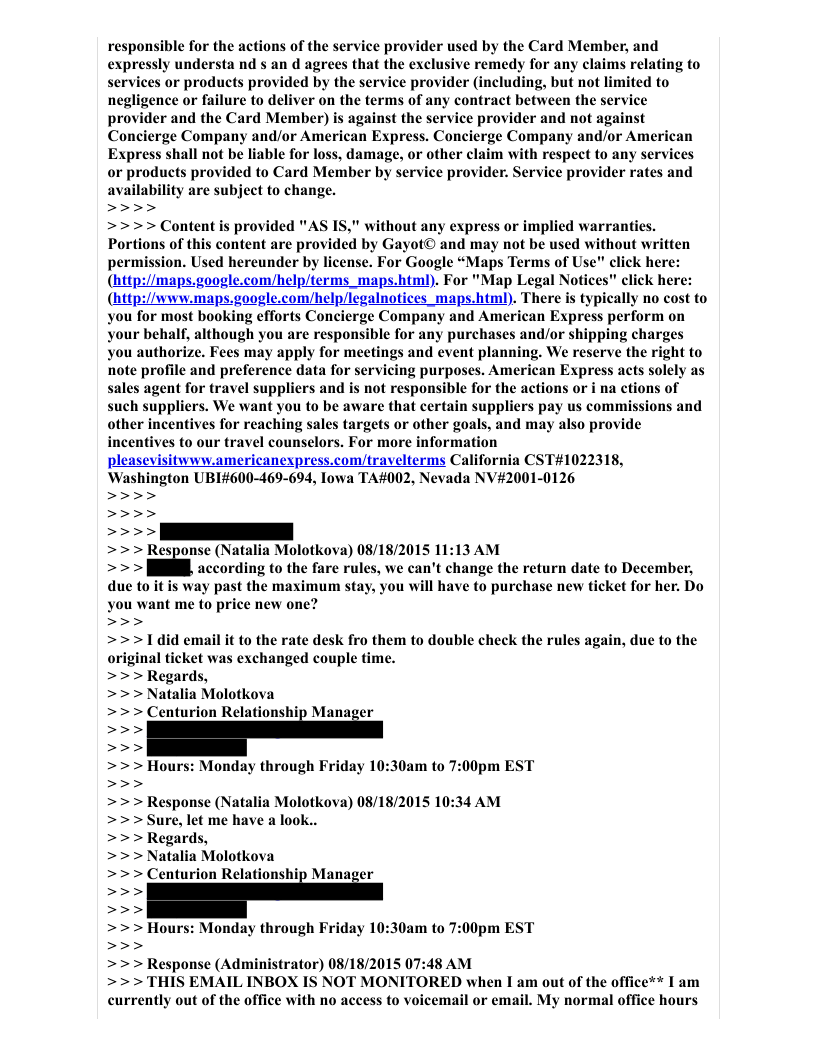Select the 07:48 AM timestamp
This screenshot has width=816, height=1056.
(x=437, y=964)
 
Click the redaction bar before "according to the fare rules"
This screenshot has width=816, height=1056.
(x=168, y=568)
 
